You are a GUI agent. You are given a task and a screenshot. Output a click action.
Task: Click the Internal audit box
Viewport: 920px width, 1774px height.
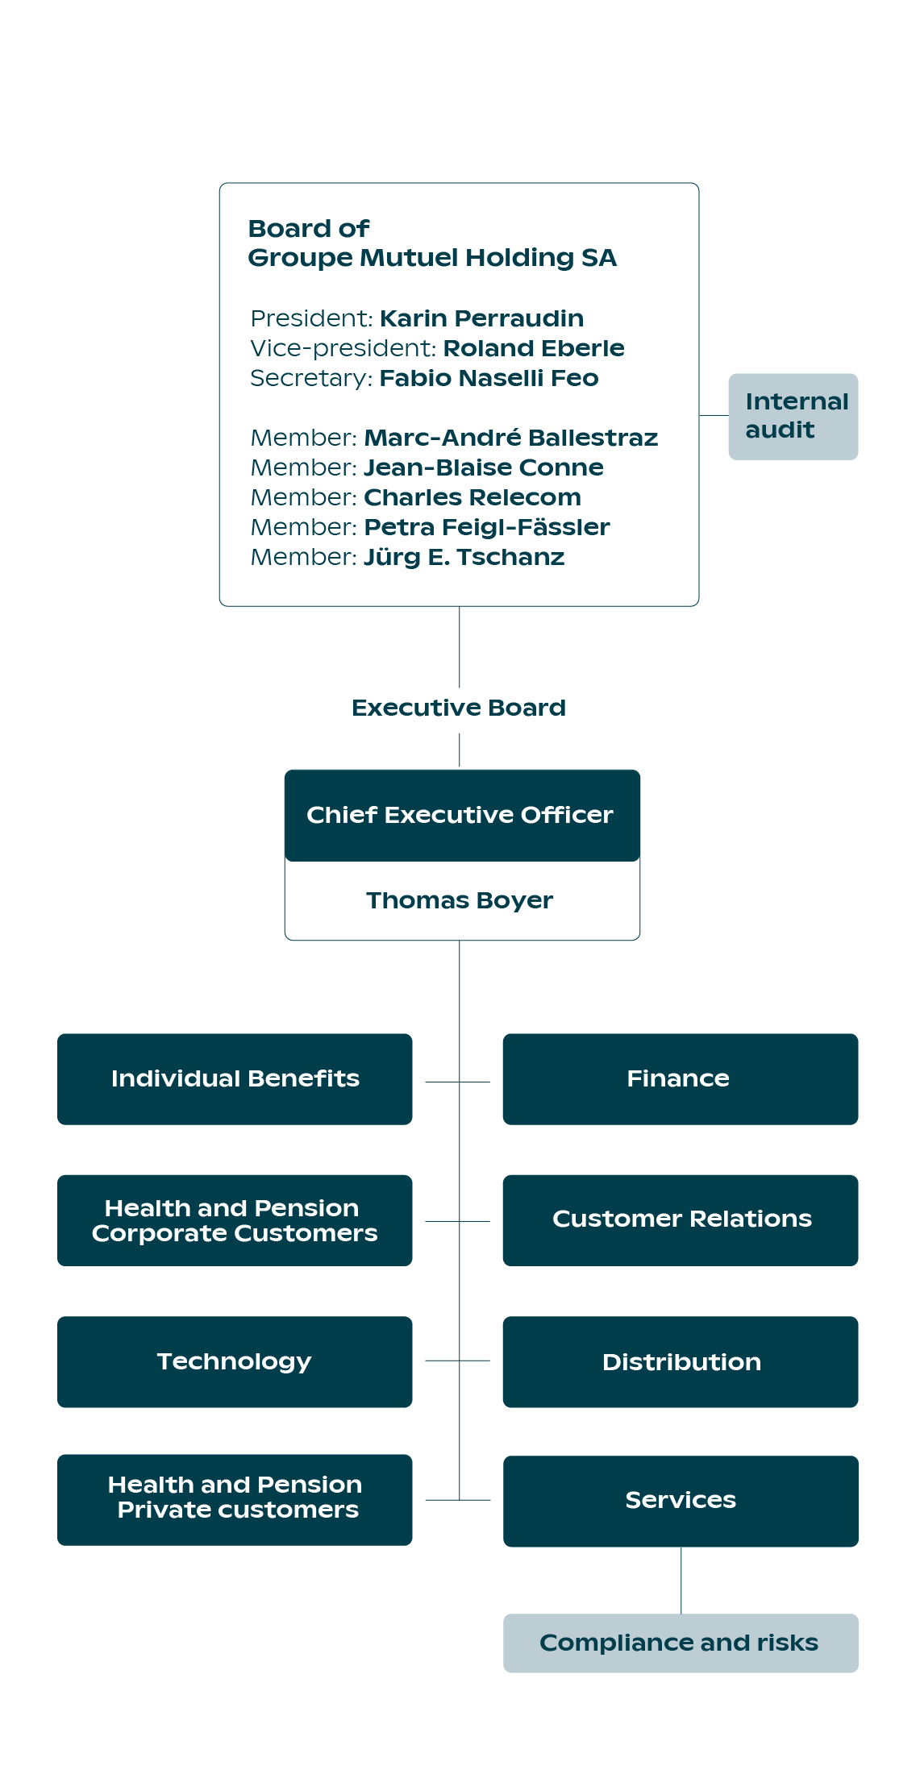[x=793, y=416]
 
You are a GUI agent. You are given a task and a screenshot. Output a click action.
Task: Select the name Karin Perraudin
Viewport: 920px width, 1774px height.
[x=481, y=318]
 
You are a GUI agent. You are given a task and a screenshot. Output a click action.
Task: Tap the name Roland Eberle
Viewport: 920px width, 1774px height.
[x=533, y=348]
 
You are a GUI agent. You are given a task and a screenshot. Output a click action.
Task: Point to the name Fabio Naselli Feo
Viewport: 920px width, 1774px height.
[x=489, y=378]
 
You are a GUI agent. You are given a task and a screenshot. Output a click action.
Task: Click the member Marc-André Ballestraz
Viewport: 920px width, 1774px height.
[x=510, y=438]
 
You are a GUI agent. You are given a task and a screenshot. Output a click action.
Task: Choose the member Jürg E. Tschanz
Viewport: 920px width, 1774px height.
[x=464, y=557]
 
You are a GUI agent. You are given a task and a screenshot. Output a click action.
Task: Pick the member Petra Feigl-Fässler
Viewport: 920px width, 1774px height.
[x=486, y=527]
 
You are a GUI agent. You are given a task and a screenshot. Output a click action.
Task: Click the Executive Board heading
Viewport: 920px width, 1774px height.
[x=459, y=708]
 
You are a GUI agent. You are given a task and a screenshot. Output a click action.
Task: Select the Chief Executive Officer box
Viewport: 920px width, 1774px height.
[x=461, y=815]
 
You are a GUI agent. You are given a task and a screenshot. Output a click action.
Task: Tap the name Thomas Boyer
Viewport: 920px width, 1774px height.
[x=460, y=900]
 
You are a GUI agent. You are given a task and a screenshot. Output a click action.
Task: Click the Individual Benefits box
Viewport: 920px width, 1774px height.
[x=235, y=1078]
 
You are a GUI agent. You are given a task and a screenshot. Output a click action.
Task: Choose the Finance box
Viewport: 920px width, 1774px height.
[x=680, y=1078]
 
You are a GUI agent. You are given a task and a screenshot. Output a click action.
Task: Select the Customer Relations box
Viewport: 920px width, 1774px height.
[x=680, y=1219]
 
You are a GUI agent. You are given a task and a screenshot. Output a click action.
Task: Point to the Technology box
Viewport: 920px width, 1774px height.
[x=235, y=1361]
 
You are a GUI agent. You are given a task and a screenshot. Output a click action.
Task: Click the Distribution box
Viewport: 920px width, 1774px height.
[x=680, y=1361]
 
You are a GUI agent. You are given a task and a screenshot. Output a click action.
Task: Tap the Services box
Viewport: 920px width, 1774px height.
[x=680, y=1500]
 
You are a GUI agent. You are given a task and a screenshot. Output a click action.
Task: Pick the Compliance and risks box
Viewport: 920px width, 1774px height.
[x=680, y=1643]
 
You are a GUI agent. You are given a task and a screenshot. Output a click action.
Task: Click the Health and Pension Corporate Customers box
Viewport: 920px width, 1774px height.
[x=235, y=1220]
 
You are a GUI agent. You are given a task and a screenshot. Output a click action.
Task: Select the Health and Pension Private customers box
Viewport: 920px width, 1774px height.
[x=235, y=1498]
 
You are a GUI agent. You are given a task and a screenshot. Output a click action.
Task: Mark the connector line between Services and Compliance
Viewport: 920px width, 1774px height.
[x=681, y=1580]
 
